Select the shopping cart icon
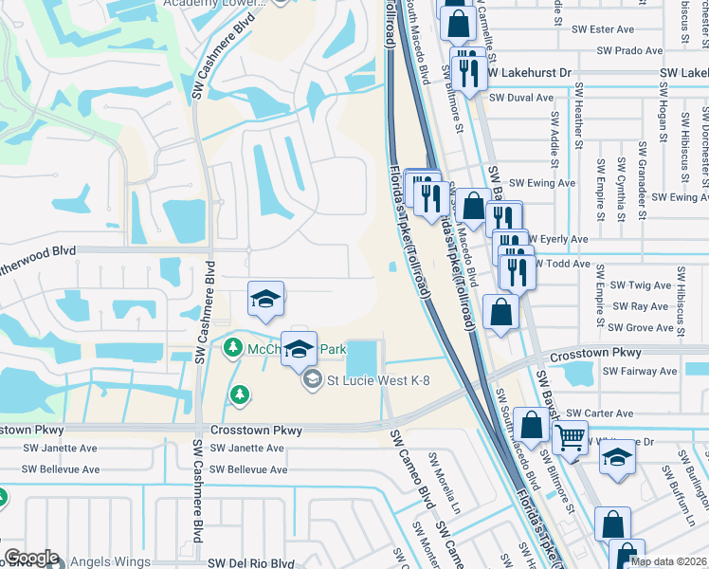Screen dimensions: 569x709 point(571,437)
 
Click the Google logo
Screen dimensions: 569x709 point(31,559)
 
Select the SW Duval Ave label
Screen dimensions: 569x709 point(521,98)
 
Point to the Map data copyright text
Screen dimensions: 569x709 point(667,561)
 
